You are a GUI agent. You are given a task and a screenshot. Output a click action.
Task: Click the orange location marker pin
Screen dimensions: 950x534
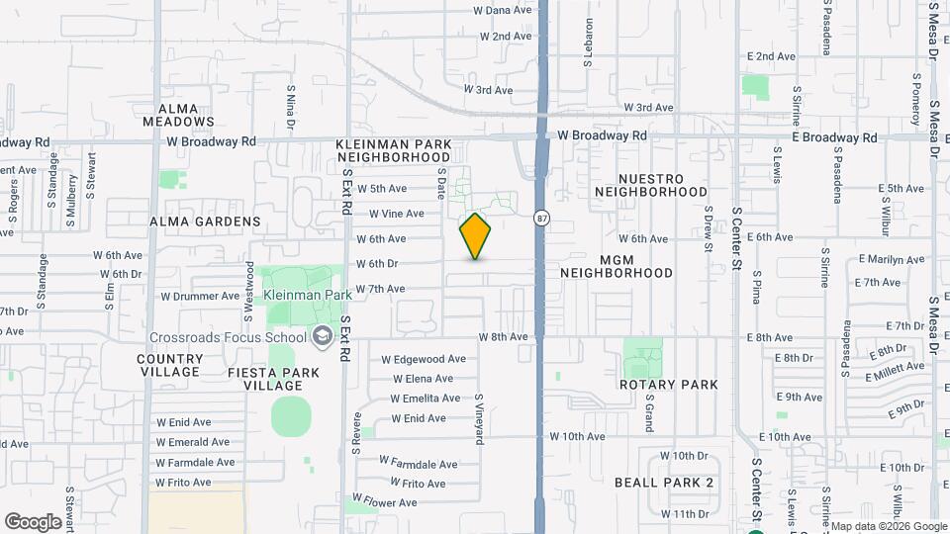point(475,236)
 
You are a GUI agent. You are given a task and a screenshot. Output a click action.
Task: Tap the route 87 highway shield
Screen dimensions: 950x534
point(541,218)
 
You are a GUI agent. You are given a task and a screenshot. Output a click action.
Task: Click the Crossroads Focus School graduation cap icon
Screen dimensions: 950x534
point(321,337)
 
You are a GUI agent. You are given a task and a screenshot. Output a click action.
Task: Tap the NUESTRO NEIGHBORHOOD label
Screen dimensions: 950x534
point(651,185)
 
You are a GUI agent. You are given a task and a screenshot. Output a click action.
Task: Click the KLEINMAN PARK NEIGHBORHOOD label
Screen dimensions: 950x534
point(394,150)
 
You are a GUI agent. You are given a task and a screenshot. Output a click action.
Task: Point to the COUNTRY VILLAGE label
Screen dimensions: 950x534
point(170,365)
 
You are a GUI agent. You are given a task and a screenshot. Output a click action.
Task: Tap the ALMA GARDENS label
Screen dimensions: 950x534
point(205,222)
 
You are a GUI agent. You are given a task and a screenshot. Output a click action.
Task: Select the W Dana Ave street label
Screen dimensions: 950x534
point(503,10)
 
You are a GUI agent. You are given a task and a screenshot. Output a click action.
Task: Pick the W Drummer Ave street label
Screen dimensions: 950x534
point(200,296)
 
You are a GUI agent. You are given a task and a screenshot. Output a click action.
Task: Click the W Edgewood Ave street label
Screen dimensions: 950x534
point(424,359)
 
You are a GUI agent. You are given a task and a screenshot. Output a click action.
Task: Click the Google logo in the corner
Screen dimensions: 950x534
point(33,521)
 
